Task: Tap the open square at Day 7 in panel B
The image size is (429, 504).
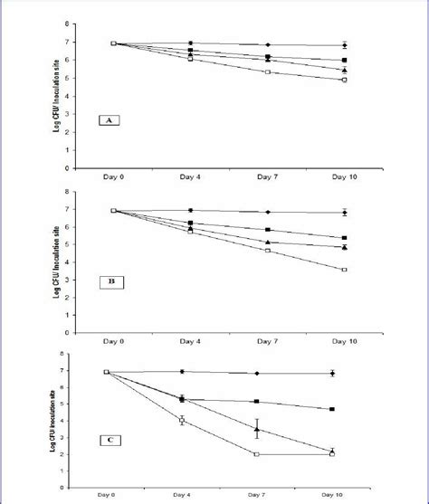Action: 267,250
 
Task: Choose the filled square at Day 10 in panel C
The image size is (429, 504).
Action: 332,409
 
